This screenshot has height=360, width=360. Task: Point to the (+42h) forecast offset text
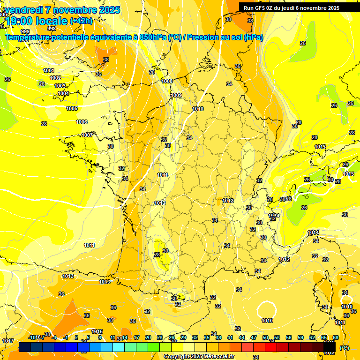pyautogui.click(x=81, y=21)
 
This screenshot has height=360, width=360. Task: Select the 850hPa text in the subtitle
pyautogui.click(x=153, y=37)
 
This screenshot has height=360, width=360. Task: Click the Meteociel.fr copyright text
pyautogui.click(x=199, y=357)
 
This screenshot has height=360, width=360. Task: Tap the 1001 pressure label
pyautogui.click(x=48, y=70)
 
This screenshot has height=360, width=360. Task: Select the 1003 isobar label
pyautogui.click(x=60, y=86)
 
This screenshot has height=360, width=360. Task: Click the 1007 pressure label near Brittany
pyautogui.click(x=87, y=135)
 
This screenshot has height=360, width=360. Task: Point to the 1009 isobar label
pyautogui.click(x=176, y=95)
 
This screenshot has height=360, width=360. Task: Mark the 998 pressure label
pyautogui.click(x=52, y=28)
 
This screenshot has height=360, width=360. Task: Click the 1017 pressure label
pyautogui.click(x=7, y=341)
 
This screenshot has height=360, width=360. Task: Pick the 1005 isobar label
pyautogui.click(x=72, y=108)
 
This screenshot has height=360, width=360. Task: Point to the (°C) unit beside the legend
pyautogui.click(x=345, y=348)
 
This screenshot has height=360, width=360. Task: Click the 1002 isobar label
pyautogui.click(x=55, y=78)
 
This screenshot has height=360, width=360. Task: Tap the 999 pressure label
pyautogui.click(x=25, y=31)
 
